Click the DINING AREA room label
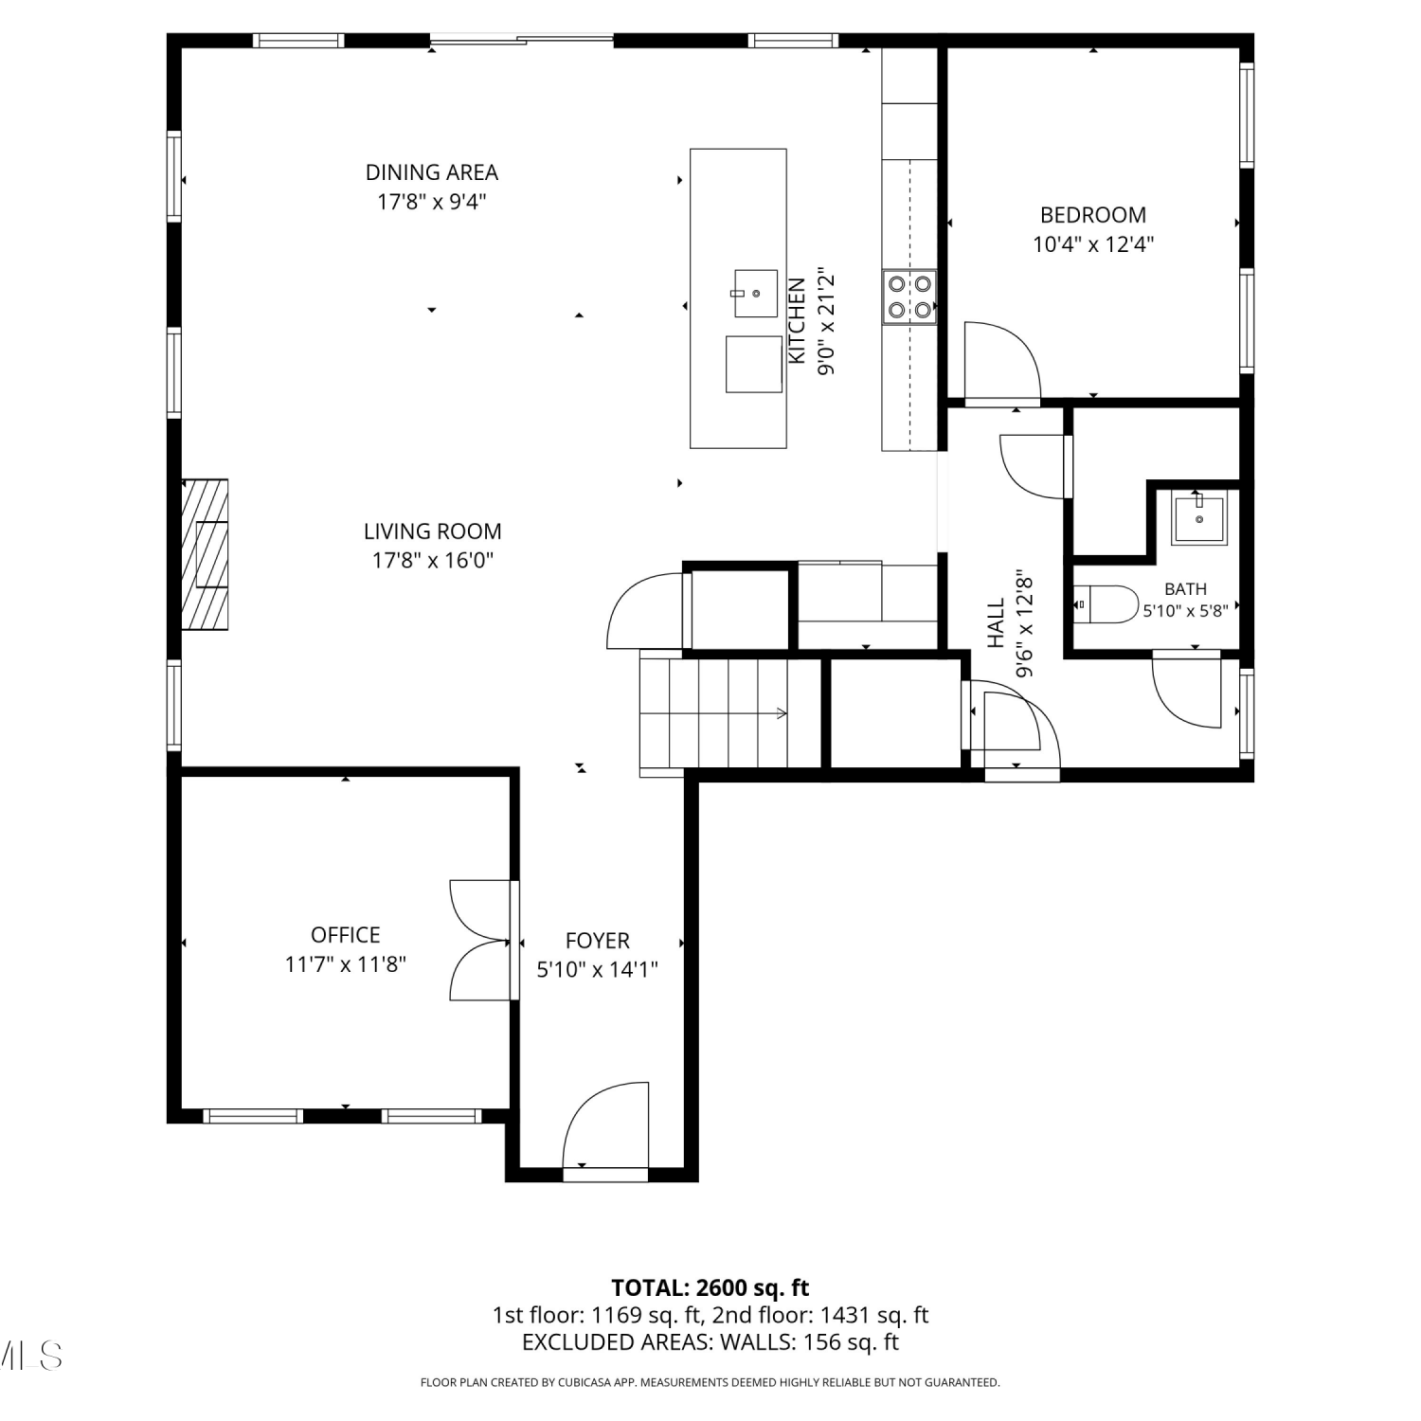432,172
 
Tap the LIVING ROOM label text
433,531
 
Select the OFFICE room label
346,935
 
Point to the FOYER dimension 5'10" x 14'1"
598,969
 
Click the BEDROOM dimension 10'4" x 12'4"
1093,244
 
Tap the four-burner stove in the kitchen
909,297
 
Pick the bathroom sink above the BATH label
1198,518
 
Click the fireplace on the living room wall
206,554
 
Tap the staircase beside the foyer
730,712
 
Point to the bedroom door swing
1002,362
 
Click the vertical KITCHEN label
797,320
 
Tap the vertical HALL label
997,622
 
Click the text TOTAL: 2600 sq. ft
710,1287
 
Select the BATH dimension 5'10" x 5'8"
1185,611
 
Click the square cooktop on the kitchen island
754,364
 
